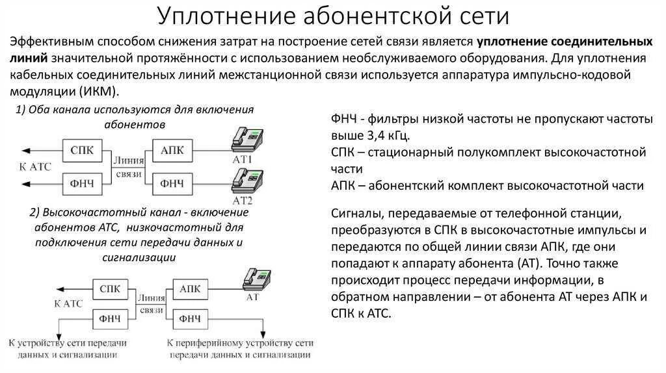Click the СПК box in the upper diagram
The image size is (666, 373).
[x=82, y=151]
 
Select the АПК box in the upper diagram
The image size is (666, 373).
[x=172, y=151]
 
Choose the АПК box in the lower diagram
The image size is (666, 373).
[x=189, y=288]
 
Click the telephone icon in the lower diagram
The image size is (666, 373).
[x=255, y=278]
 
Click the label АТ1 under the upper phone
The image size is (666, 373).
[x=243, y=159]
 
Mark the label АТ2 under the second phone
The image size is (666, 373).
[x=242, y=199]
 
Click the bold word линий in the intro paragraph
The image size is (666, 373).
[x=27, y=58]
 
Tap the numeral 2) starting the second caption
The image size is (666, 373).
[x=35, y=212]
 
